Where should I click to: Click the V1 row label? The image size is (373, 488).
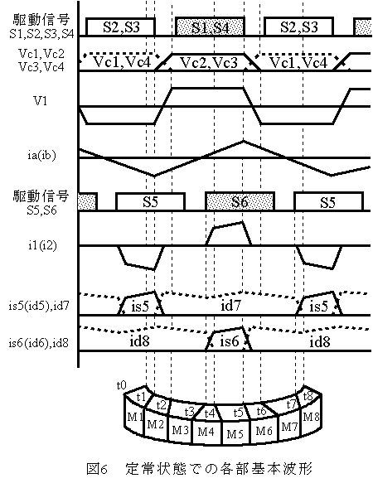(x=40, y=101)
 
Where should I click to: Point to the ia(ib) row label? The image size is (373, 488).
(x=41, y=155)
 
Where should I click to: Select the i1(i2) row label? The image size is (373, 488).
(x=42, y=245)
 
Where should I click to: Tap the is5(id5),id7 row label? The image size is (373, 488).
(x=39, y=306)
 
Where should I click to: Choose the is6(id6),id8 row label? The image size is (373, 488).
(x=39, y=343)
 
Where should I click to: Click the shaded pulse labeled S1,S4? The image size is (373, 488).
(x=211, y=27)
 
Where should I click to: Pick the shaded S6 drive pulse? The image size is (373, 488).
(x=240, y=201)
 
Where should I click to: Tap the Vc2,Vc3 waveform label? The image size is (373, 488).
(x=209, y=63)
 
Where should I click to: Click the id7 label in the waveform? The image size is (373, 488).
(x=230, y=306)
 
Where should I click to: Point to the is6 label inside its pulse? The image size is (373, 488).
(x=229, y=341)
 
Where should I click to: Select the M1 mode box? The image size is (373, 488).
(x=134, y=417)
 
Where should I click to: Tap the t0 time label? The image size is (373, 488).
(x=121, y=385)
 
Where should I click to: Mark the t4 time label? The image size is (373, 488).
(x=210, y=413)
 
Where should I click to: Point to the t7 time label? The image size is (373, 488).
(x=291, y=404)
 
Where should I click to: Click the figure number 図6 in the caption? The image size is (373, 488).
(x=97, y=469)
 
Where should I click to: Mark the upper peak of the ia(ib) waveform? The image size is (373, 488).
(x=244, y=141)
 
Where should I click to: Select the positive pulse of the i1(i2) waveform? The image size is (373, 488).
(x=229, y=234)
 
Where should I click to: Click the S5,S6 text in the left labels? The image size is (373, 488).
(x=41, y=210)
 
